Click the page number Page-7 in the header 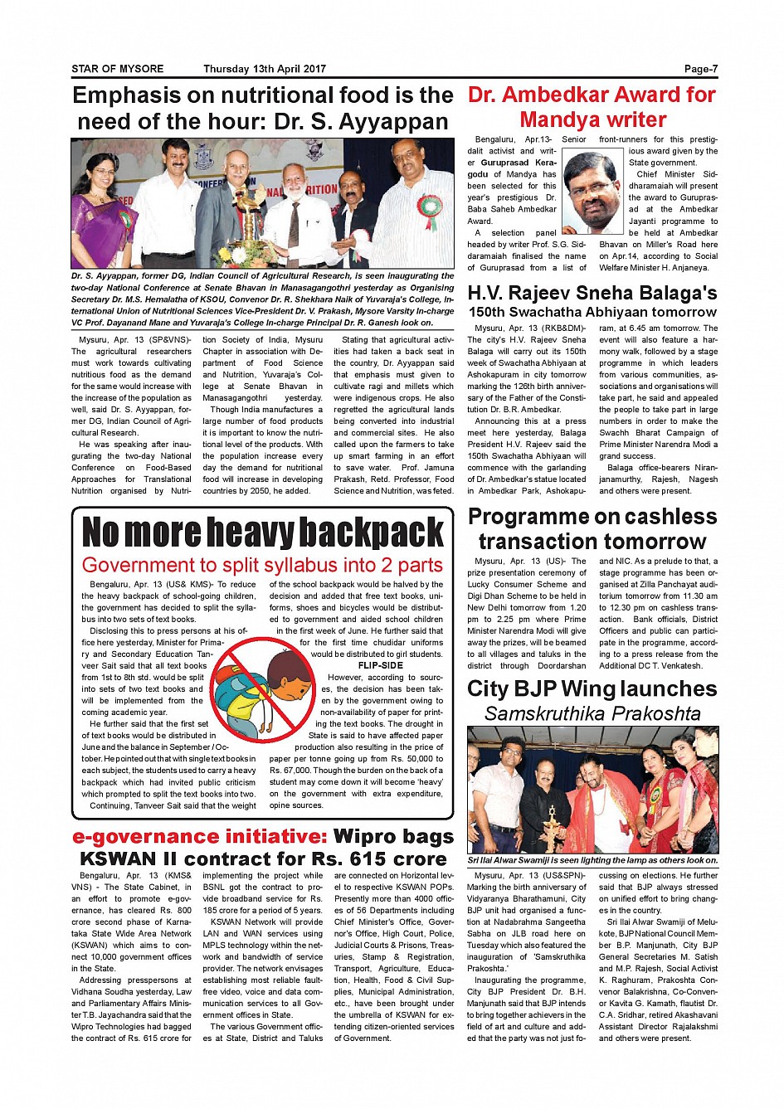point(700,69)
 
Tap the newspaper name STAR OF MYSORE point(118,69)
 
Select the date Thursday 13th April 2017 point(265,69)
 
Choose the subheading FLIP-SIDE point(380,665)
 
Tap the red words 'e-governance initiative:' point(199,836)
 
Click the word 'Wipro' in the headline point(367,836)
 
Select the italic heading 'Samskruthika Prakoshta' point(592,713)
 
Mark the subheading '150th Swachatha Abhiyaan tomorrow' point(592,313)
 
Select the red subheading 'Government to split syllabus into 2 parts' point(262,566)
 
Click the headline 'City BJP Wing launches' point(592,688)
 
